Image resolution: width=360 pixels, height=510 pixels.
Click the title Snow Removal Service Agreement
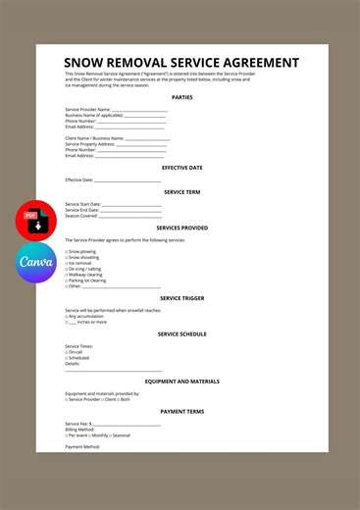(181, 63)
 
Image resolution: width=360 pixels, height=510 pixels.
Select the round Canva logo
(36, 263)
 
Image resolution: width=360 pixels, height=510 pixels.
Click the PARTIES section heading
(181, 98)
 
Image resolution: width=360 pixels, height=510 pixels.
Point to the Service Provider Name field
(138, 110)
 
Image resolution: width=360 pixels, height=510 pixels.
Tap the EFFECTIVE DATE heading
(181, 168)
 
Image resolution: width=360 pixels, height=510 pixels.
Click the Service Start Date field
(130, 204)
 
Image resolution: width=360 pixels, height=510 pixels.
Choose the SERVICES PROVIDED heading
(181, 228)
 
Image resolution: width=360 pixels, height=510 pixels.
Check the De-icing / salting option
(66, 269)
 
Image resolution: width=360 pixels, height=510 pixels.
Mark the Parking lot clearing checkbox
(66, 280)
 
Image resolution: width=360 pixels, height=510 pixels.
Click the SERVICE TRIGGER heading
(181, 298)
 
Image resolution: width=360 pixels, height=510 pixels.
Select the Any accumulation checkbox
(66, 316)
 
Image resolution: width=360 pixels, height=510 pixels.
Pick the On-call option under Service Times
(66, 352)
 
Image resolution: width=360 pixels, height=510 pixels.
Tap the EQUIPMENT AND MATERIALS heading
(181, 382)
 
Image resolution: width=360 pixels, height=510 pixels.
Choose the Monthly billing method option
(91, 434)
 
